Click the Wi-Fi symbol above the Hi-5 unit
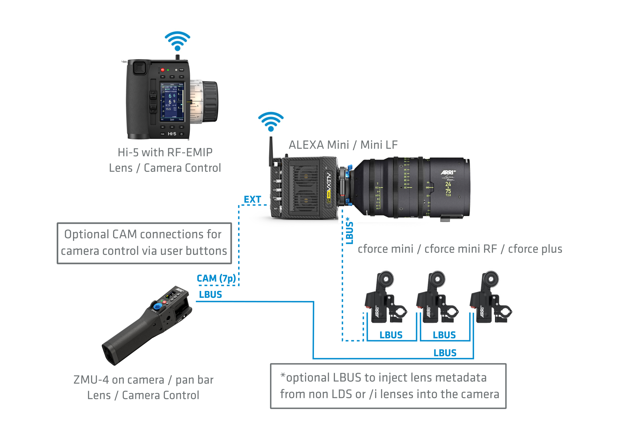177,41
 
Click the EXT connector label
252,199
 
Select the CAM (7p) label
216,278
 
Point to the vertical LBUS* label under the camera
349,231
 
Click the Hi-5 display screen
172,102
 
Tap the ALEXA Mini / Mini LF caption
343,145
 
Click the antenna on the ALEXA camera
271,151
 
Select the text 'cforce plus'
535,249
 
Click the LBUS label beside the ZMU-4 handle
210,295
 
